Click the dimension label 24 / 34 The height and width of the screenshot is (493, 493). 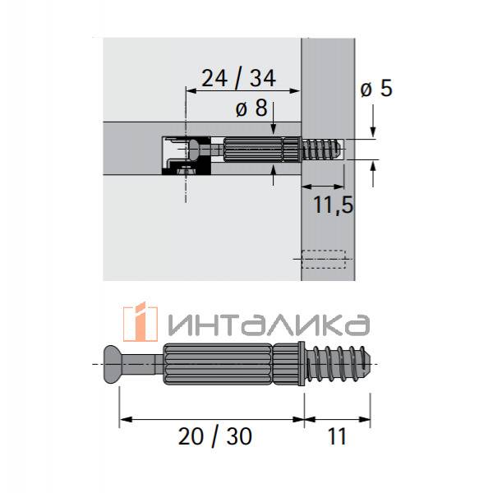[238, 78]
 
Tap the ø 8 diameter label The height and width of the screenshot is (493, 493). [251, 108]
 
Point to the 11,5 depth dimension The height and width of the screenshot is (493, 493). [334, 205]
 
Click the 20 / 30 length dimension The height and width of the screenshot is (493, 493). [215, 436]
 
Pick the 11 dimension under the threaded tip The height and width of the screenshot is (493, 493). [337, 436]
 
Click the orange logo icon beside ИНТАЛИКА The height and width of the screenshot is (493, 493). [141, 321]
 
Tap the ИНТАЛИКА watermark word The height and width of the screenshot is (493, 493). [269, 325]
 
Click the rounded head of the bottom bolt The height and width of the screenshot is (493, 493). [113, 364]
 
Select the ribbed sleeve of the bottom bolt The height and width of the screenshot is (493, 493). [218, 364]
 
